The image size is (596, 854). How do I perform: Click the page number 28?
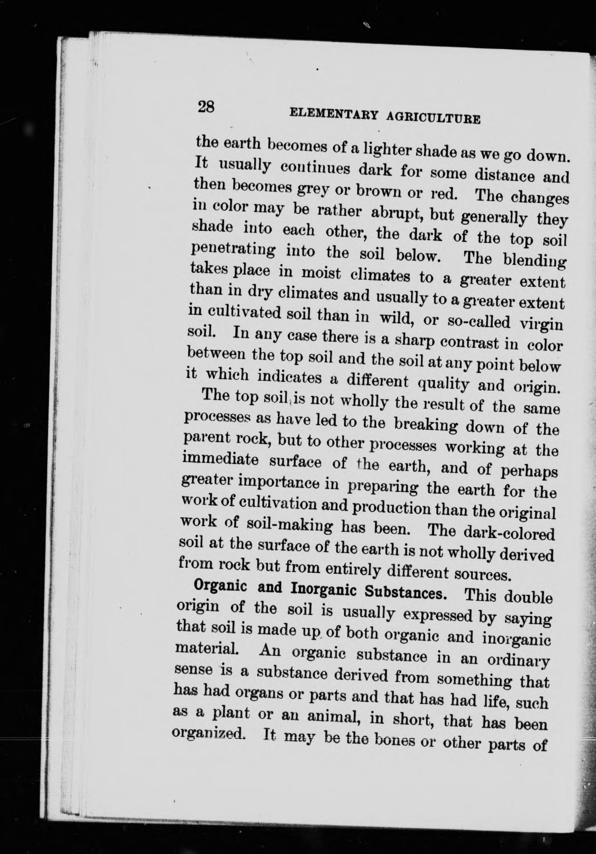pyautogui.click(x=206, y=106)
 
